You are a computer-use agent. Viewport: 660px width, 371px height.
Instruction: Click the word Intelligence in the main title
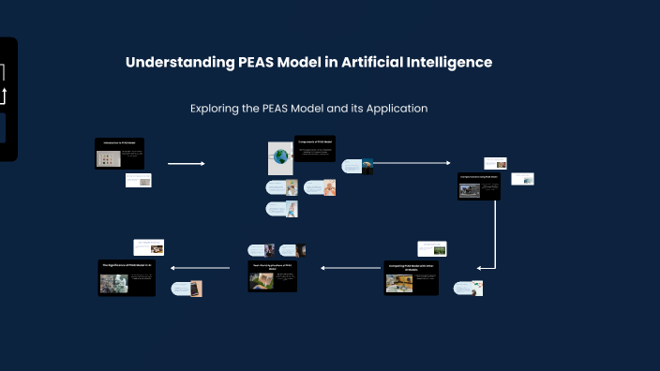[445, 63]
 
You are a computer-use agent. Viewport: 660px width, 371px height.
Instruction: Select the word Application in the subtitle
[397, 109]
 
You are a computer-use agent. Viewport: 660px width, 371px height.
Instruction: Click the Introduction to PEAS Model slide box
[120, 154]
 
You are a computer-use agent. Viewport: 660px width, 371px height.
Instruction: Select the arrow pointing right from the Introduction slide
[186, 164]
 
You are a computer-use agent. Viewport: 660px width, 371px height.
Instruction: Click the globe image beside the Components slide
[280, 156]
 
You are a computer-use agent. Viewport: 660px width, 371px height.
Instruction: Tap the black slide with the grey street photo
[478, 185]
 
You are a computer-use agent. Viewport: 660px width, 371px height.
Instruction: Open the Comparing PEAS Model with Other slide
[411, 277]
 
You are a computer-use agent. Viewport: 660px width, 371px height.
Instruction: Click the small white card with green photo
[432, 248]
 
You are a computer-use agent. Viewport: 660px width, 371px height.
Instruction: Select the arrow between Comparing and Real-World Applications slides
[351, 268]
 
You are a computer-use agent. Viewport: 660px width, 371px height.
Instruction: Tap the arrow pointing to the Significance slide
[199, 268]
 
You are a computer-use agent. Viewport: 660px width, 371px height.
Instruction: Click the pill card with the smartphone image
[187, 289]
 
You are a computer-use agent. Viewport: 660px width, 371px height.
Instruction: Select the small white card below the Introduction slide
[139, 180]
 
